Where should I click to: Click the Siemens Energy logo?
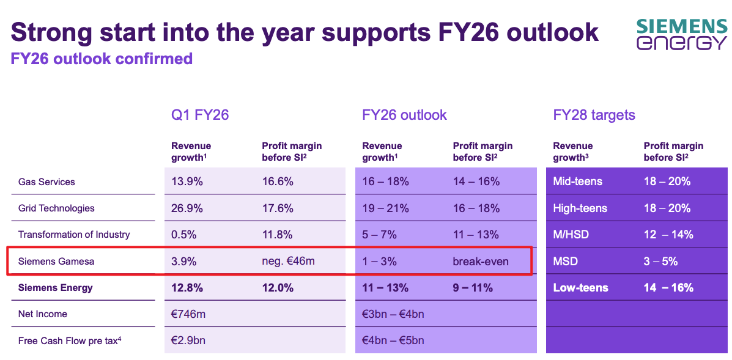[681, 34]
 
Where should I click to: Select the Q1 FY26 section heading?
[200, 115]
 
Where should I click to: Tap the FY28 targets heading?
[594, 115]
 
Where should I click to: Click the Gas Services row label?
[46, 182]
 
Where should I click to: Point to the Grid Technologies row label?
[56, 208]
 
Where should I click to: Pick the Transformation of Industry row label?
[74, 235]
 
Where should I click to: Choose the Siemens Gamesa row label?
[56, 262]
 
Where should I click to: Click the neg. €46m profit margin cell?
[287, 262]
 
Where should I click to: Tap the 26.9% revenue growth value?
[187, 208]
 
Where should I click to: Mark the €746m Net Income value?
[188, 314]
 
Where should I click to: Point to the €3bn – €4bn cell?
[393, 314]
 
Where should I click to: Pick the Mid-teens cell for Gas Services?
[577, 182]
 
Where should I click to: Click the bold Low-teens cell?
[580, 288]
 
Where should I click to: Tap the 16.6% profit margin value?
[278, 182]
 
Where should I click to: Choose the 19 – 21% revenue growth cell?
[385, 208]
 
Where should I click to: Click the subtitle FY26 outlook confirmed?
[102, 59]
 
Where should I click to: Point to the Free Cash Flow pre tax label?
[69, 340]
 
